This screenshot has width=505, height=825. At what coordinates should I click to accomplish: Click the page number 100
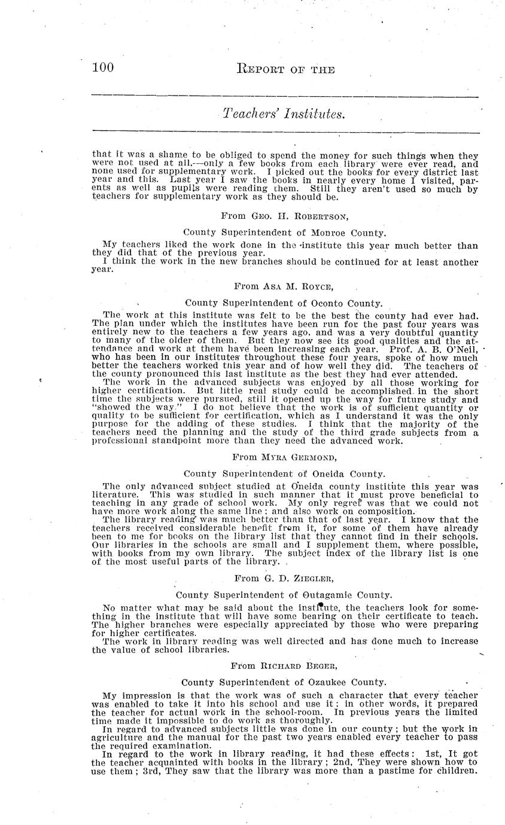103,68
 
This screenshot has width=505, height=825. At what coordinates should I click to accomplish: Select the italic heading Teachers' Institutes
284,113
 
